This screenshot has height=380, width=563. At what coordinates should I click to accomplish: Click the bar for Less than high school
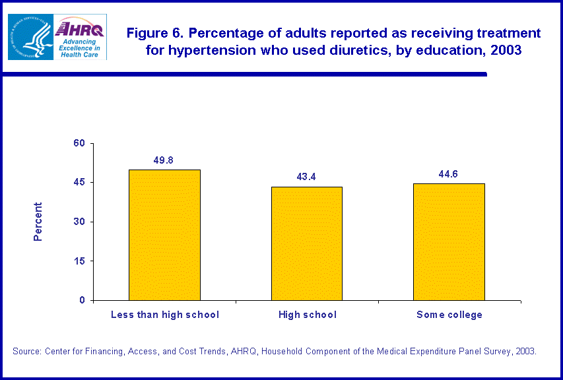pyautogui.click(x=164, y=235)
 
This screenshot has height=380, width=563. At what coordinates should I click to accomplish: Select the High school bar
pyautogui.click(x=307, y=243)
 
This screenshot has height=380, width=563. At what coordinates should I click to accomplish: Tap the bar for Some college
pyautogui.click(x=449, y=241)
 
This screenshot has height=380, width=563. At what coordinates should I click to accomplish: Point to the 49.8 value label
pyautogui.click(x=164, y=160)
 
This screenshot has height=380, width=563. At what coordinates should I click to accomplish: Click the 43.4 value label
pyautogui.click(x=307, y=177)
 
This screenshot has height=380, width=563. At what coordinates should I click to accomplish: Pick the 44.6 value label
pyautogui.click(x=449, y=174)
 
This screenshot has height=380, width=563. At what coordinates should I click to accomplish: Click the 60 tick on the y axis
pyautogui.click(x=79, y=143)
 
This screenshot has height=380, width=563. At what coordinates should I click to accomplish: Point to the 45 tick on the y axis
pyautogui.click(x=79, y=182)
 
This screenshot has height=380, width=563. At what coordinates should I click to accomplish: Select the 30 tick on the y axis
pyautogui.click(x=79, y=222)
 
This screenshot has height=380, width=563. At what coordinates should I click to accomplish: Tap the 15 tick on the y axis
pyautogui.click(x=79, y=261)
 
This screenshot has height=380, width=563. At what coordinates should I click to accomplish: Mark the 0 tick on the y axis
pyautogui.click(x=82, y=300)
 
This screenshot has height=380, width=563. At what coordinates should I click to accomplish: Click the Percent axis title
pyautogui.click(x=38, y=222)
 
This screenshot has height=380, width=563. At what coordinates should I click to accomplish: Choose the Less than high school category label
pyautogui.click(x=164, y=315)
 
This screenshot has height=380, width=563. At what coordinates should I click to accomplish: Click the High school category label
pyautogui.click(x=307, y=315)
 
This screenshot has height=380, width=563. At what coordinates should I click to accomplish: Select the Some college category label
pyautogui.click(x=449, y=315)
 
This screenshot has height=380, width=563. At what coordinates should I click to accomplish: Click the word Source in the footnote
pyautogui.click(x=27, y=351)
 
